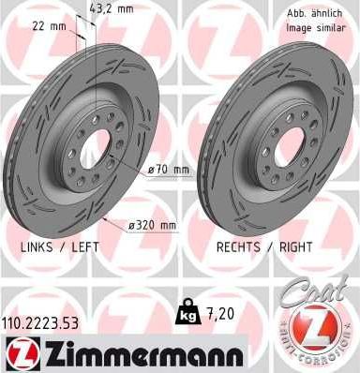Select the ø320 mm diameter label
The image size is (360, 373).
click(156, 225)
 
